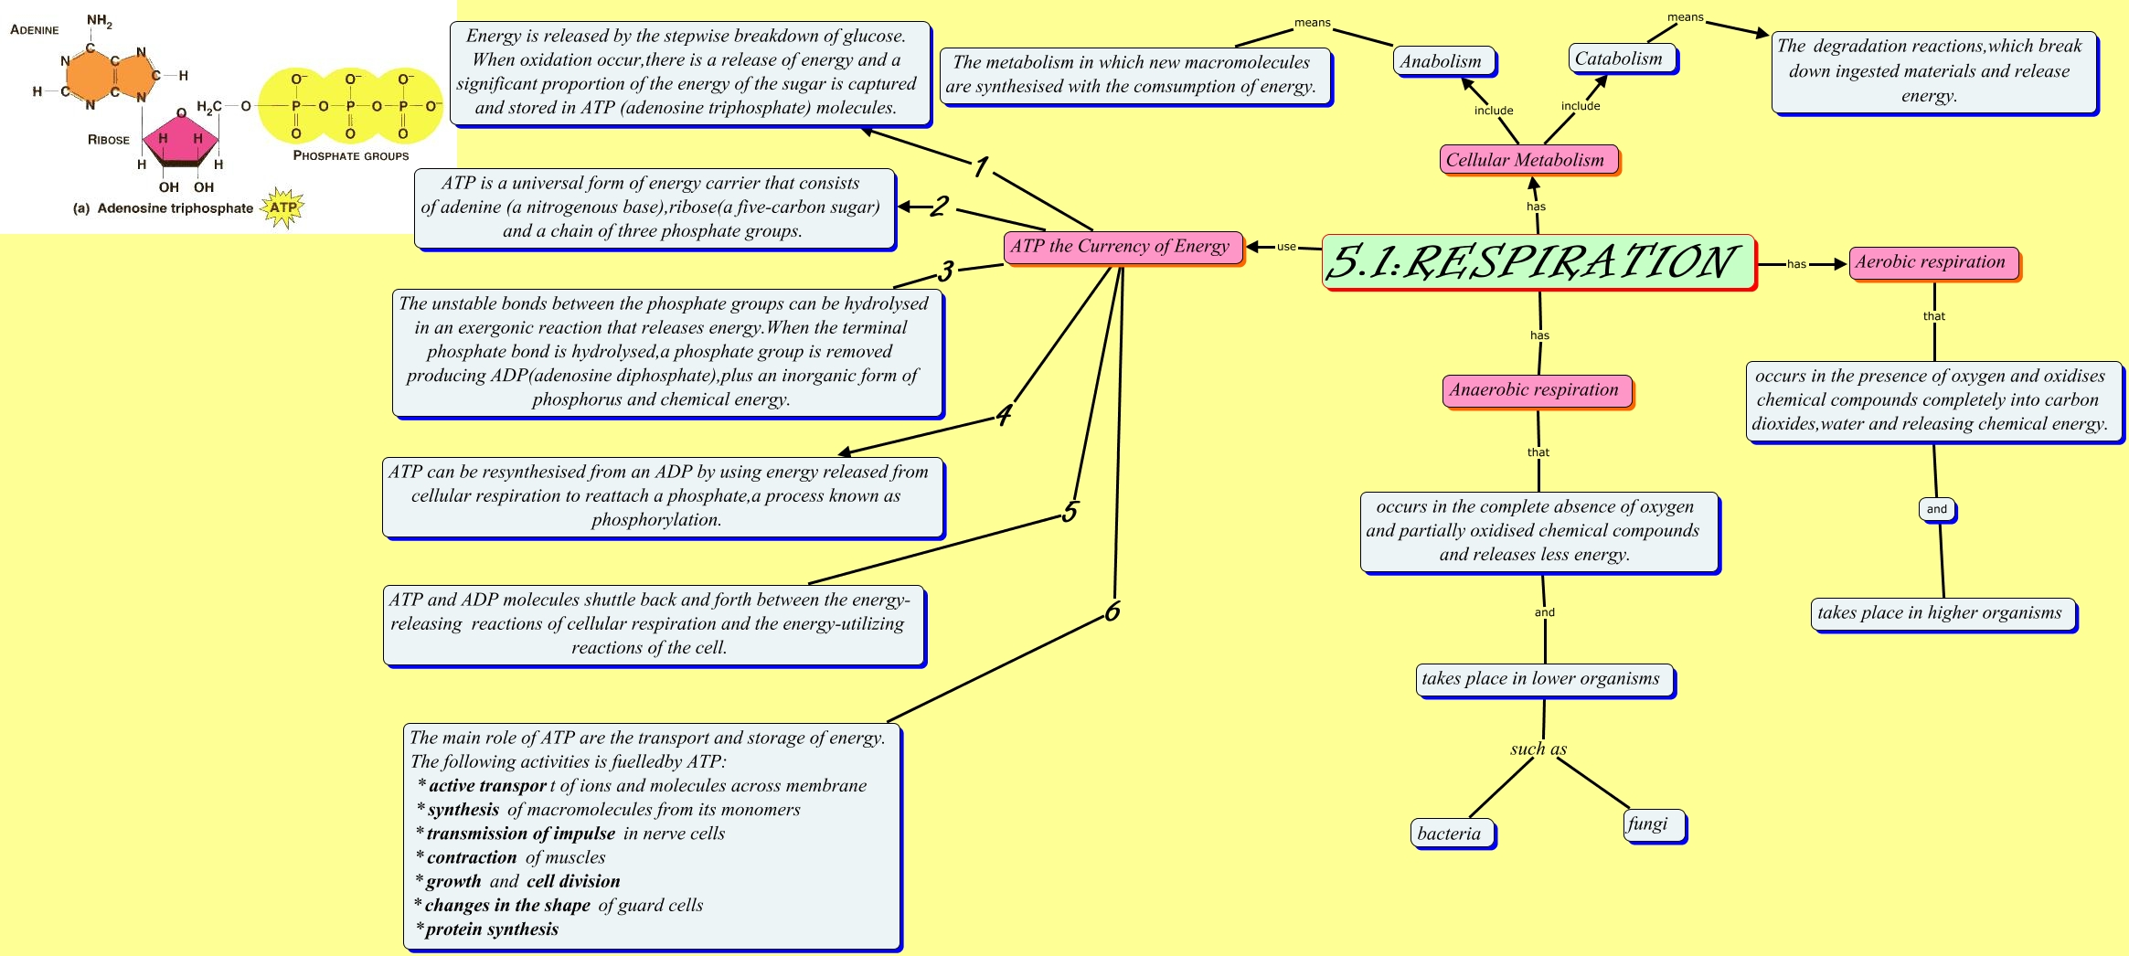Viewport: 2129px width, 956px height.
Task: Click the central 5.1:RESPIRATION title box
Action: (1538, 262)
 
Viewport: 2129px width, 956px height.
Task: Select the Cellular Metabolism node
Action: (1525, 160)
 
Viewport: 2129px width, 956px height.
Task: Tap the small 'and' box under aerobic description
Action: (1936, 509)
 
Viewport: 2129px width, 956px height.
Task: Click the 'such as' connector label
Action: (1538, 749)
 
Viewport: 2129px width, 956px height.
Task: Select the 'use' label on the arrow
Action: (1286, 247)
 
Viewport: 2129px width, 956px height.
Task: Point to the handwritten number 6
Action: (1112, 611)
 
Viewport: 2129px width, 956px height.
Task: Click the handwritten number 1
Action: (981, 167)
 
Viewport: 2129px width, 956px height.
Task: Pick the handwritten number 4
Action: (1004, 416)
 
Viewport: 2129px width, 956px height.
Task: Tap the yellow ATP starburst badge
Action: (283, 207)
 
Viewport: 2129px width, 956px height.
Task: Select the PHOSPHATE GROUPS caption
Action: (351, 156)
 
